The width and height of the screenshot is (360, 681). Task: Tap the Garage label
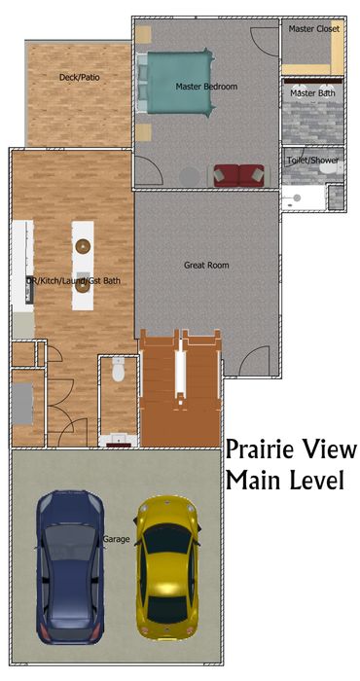point(116,539)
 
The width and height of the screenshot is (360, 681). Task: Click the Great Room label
point(206,265)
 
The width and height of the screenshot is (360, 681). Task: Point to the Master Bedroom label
point(206,87)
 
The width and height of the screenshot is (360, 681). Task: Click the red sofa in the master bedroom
point(238,175)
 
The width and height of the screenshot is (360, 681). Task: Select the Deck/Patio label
point(80,77)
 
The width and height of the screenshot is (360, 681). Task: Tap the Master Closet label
point(314,29)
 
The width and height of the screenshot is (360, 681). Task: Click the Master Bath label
point(312,93)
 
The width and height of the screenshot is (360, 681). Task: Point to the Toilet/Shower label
point(312,161)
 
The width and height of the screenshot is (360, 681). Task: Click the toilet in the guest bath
point(118,370)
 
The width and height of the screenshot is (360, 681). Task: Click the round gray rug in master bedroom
point(190,177)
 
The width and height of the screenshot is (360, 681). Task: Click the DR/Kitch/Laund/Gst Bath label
point(73,281)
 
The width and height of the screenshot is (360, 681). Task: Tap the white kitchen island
point(83,266)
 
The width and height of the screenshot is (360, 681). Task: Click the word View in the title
point(333,449)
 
